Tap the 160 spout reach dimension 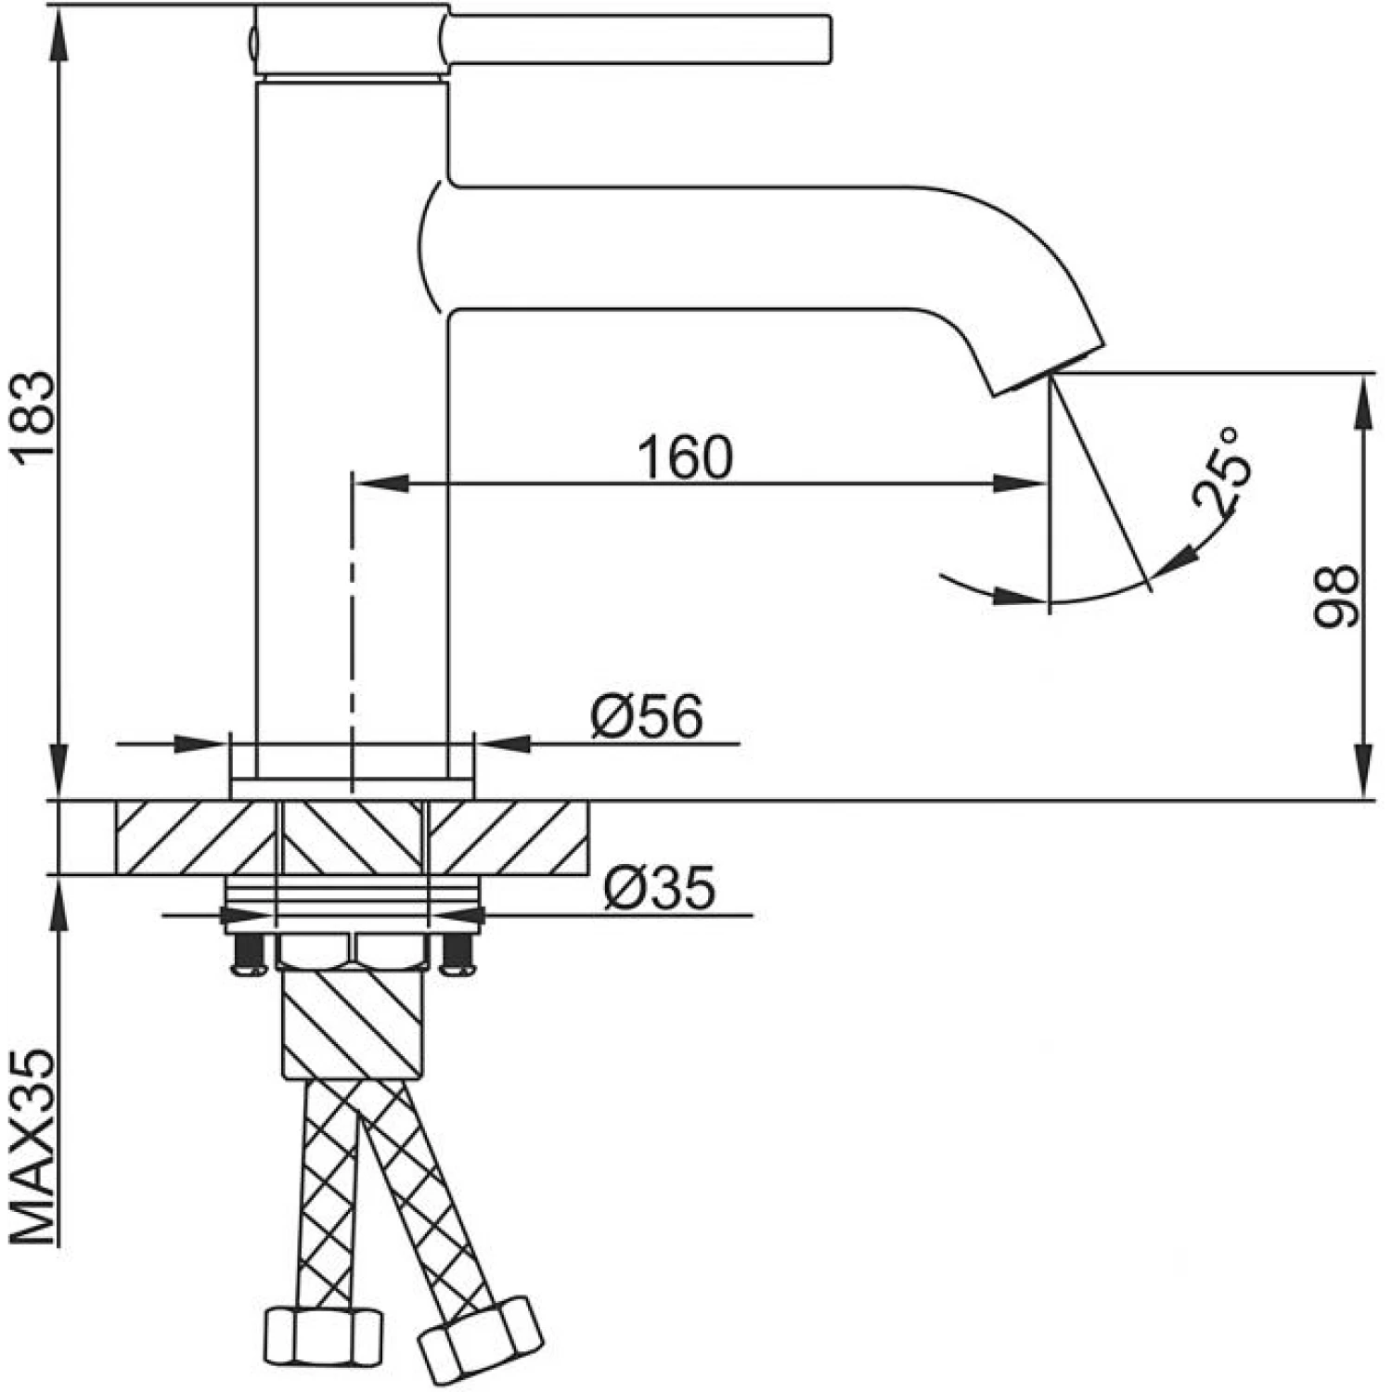click(x=686, y=457)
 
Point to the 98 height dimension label click(x=1337, y=597)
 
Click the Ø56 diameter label click(x=647, y=717)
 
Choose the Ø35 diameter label click(x=659, y=888)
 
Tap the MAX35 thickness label click(x=34, y=1148)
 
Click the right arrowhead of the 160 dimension click(x=1021, y=483)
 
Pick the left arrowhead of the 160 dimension click(x=380, y=483)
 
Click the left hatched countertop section click(x=195, y=837)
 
